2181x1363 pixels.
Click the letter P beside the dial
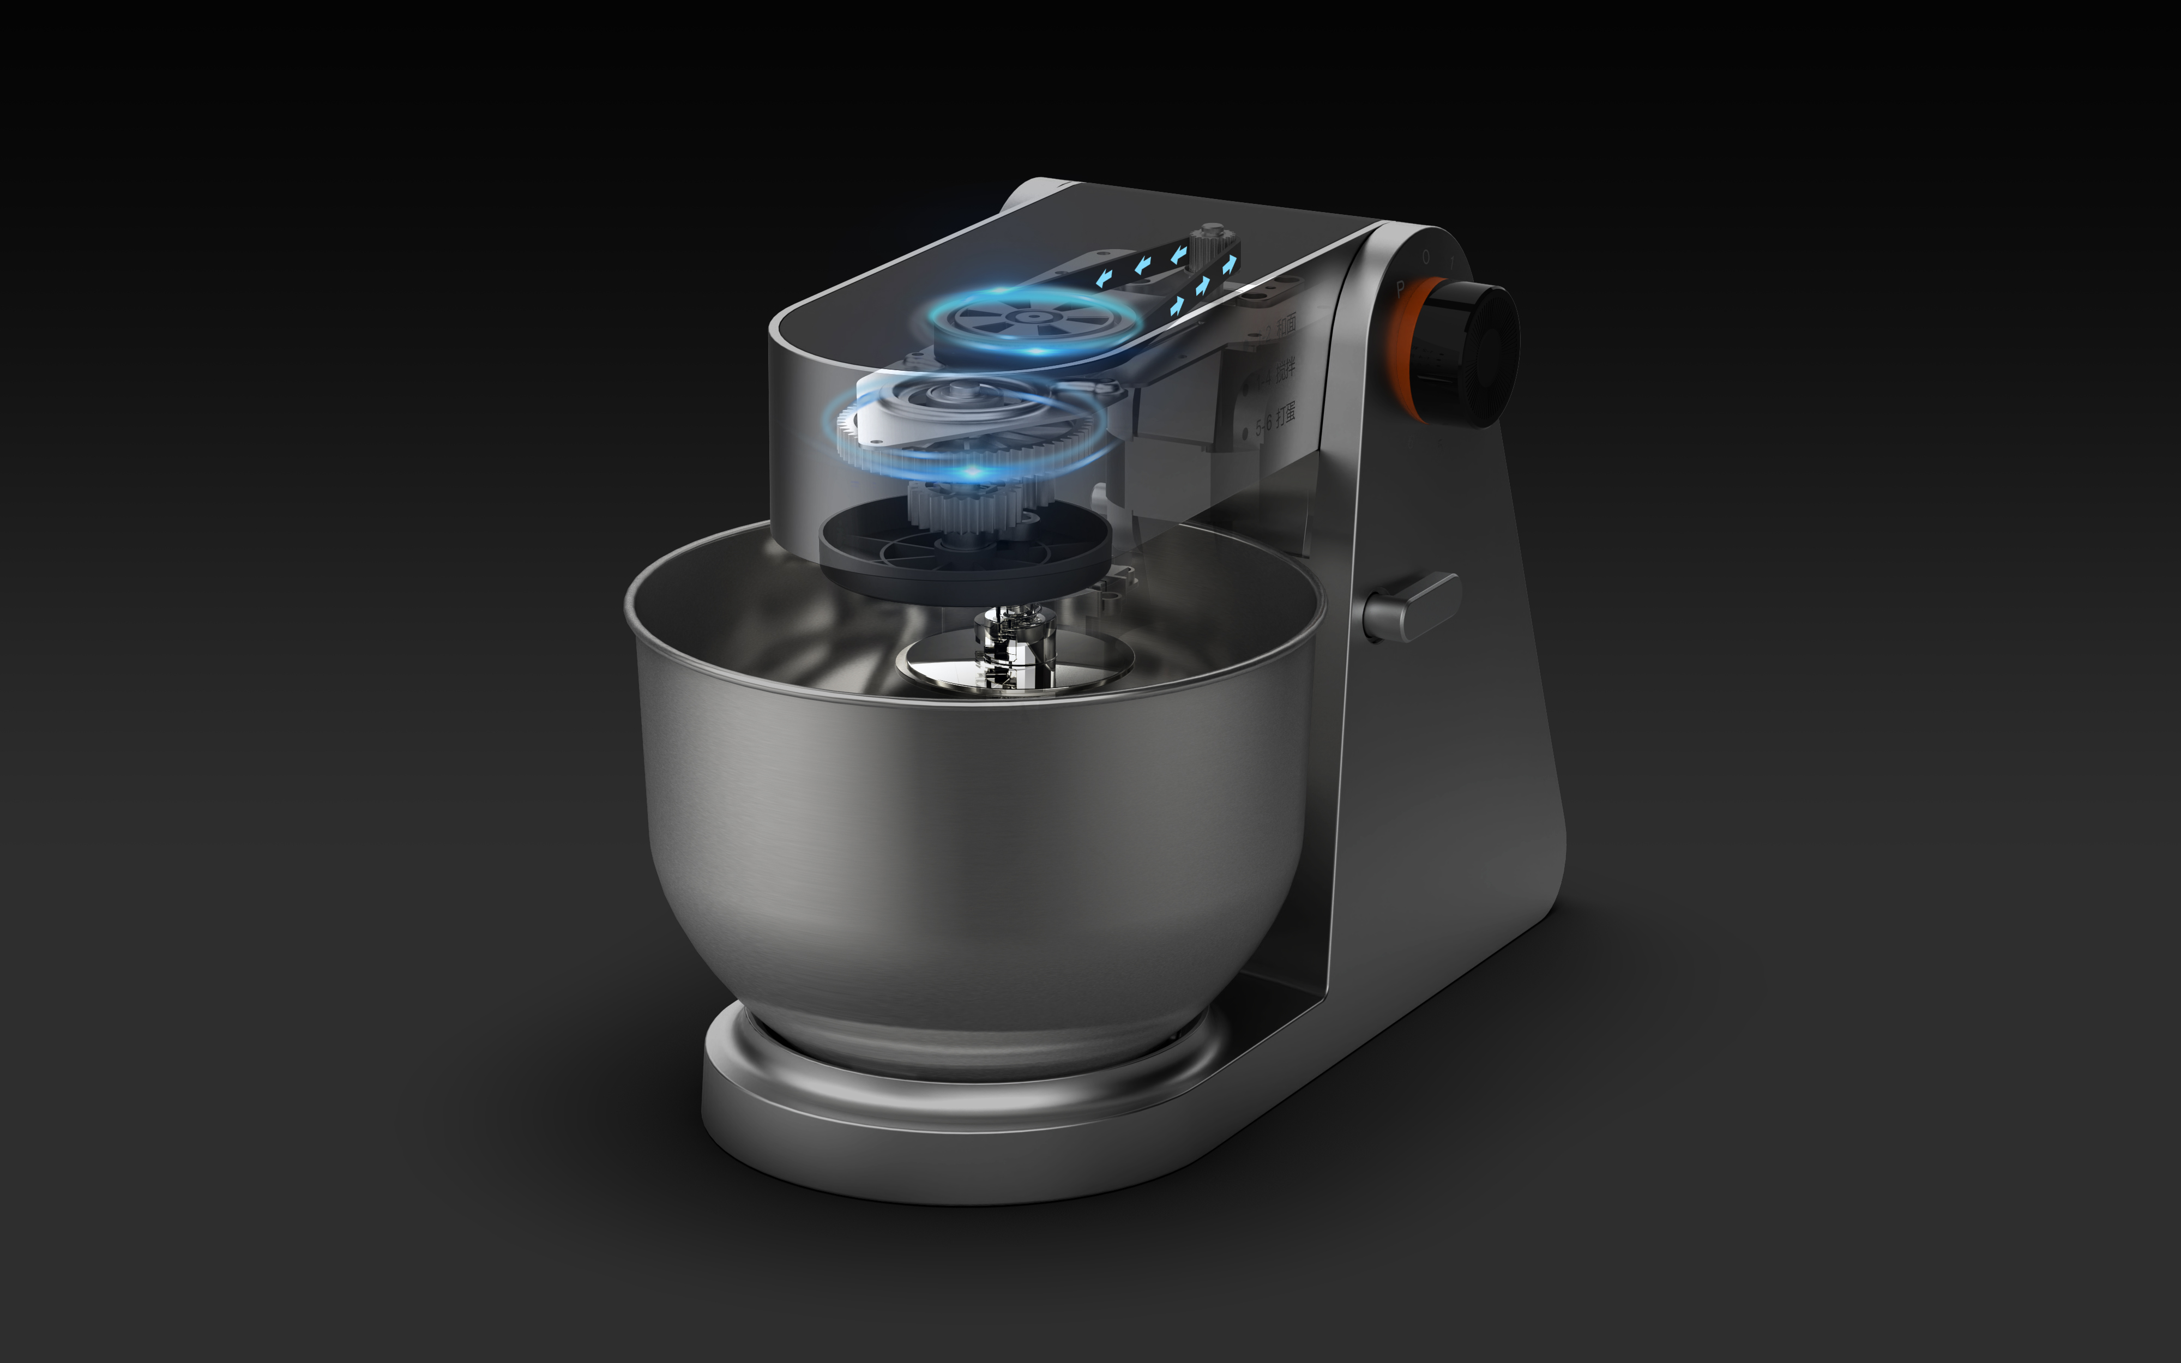(x=1400, y=288)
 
